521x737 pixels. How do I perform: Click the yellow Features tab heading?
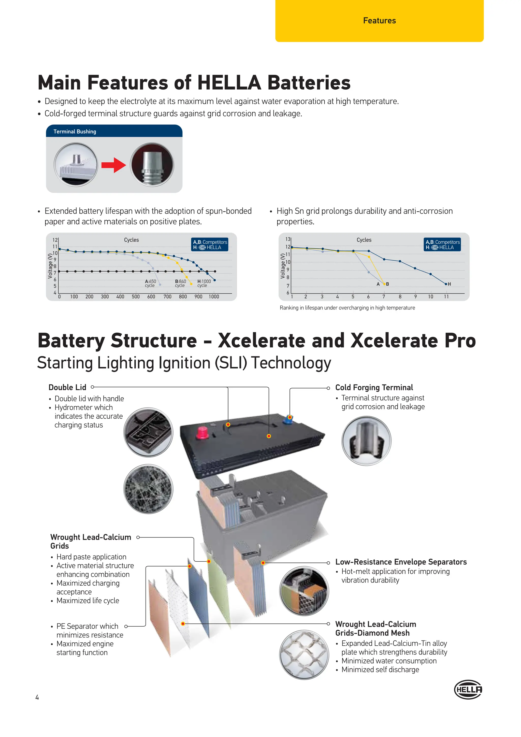[x=379, y=21]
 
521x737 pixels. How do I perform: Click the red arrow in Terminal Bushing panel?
[x=113, y=165]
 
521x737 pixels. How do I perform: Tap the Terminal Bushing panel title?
[x=75, y=132]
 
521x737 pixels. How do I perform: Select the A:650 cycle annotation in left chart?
[x=150, y=283]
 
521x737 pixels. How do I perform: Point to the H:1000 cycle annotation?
[x=204, y=283]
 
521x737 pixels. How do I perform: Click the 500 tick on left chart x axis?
[x=136, y=296]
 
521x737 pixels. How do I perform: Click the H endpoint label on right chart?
[x=449, y=284]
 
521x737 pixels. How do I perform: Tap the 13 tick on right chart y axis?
[x=288, y=239]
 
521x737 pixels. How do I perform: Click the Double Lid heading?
[x=67, y=387]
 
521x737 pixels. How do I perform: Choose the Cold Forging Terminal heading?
[x=374, y=387]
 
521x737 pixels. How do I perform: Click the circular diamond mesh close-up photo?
[x=304, y=655]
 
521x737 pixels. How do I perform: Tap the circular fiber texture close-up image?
[x=148, y=489]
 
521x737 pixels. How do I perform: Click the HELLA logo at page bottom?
[x=468, y=689]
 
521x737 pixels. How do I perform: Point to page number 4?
[x=37, y=697]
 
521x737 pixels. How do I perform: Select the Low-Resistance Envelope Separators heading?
[x=401, y=562]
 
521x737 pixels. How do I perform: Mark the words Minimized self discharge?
[x=380, y=670]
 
